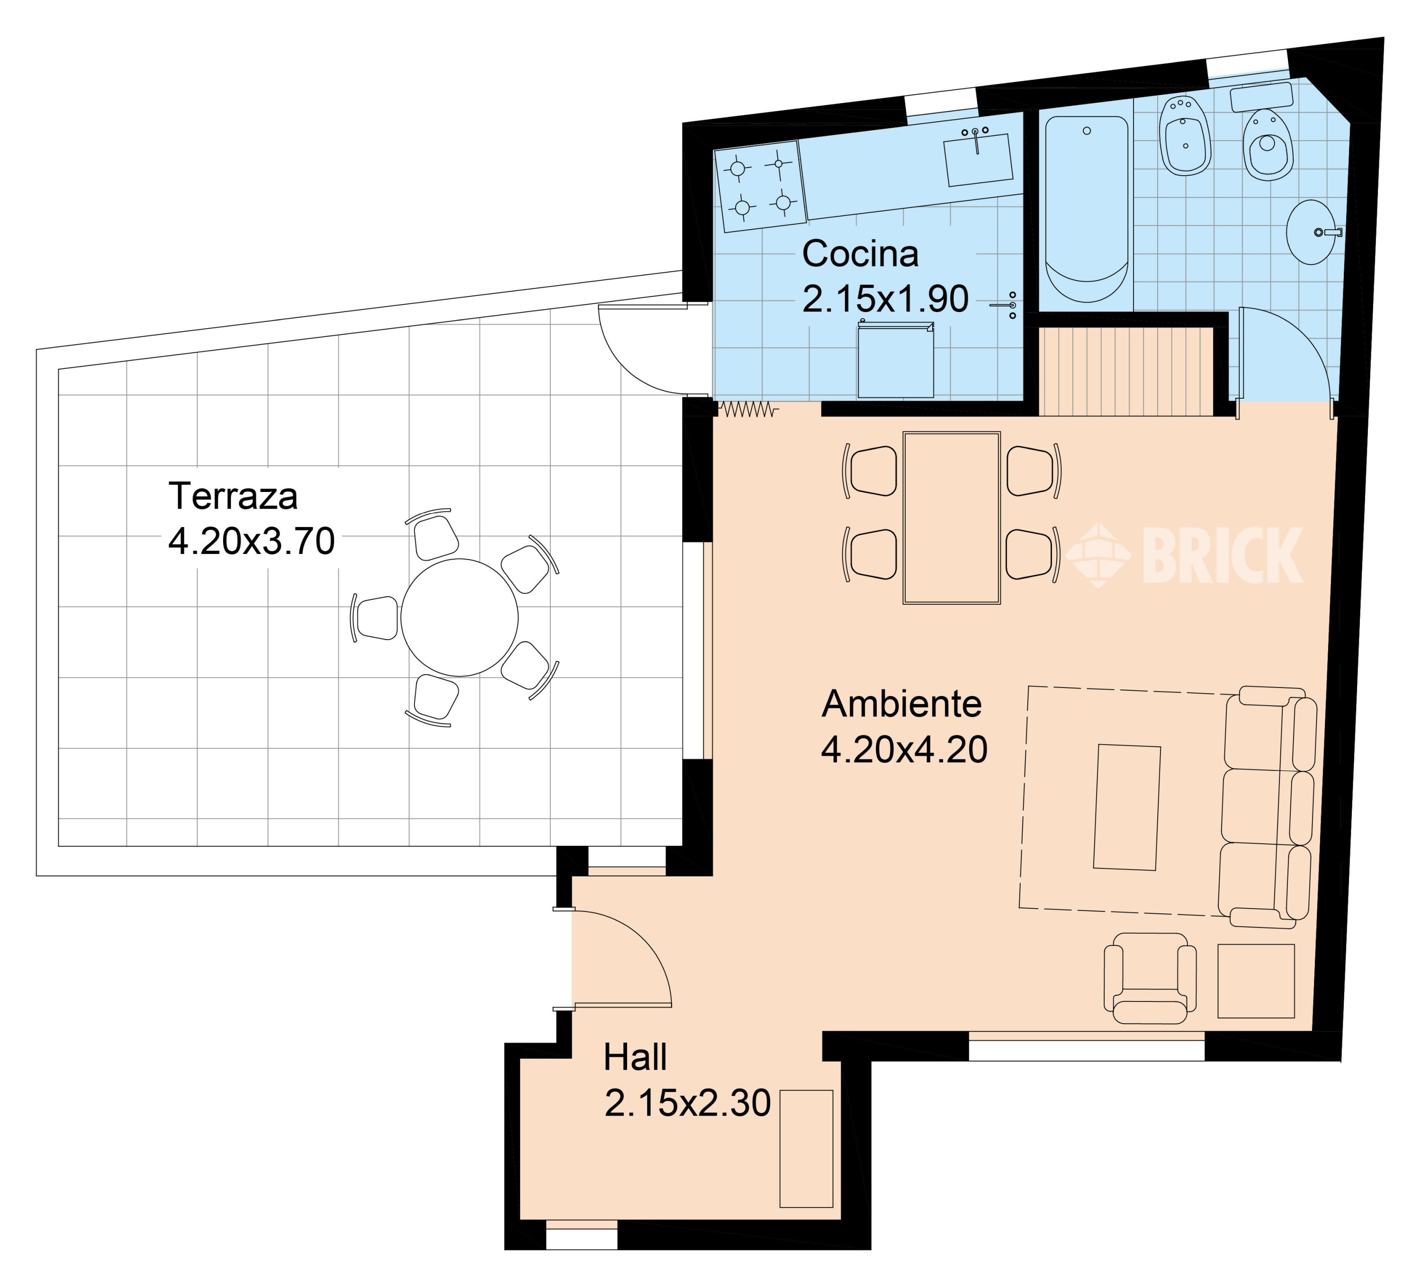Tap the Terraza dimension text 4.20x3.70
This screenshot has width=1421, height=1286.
252,541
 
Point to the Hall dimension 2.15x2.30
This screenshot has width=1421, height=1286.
688,1123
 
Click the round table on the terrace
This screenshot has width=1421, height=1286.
459,617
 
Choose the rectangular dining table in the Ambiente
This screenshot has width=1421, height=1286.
952,518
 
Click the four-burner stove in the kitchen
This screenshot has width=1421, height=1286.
760,186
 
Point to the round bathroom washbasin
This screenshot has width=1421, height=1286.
1311,232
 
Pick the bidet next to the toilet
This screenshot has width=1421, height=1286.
1184,135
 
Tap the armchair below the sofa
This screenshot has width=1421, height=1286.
1150,978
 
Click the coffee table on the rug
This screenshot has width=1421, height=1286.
1127,807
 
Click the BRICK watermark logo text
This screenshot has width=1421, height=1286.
1222,555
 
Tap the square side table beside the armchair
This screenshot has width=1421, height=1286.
1256,981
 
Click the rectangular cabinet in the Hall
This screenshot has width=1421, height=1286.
806,1149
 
